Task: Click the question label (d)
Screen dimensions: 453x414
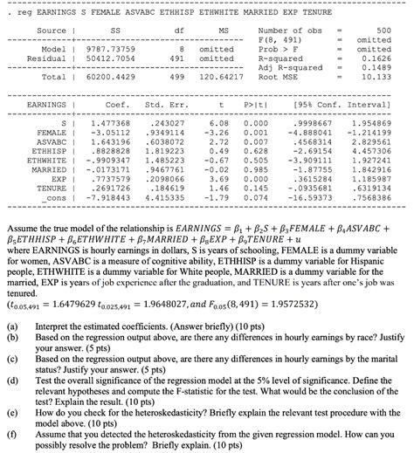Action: click(x=12, y=381)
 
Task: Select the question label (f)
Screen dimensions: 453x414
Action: click(x=12, y=430)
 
